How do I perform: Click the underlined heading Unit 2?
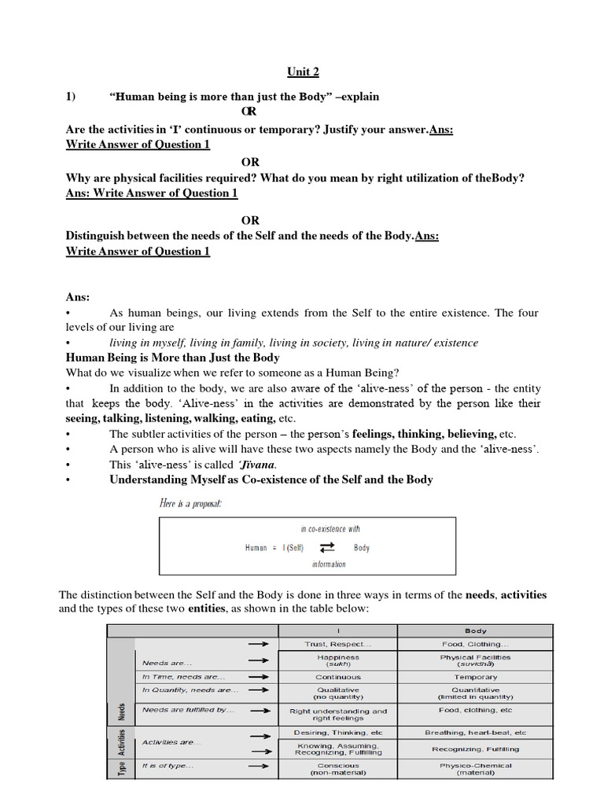pos(302,72)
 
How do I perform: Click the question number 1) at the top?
pos(71,97)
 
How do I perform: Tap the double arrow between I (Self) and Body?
pos(327,548)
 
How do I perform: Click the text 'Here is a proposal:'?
pos(190,503)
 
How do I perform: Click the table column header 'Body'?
pos(475,630)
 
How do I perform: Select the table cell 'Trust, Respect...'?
pos(338,644)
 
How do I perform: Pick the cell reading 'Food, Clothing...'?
pos(475,644)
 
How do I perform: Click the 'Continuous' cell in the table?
pos(338,677)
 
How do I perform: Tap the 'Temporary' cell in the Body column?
pos(475,677)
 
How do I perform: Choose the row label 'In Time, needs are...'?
pos(183,677)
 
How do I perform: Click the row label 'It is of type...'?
pos(168,765)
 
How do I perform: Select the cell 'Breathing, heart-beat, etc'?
pos(475,733)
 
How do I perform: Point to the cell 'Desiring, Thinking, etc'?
pos(338,733)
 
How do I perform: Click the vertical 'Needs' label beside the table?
pos(121,711)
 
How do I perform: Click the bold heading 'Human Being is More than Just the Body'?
pos(172,358)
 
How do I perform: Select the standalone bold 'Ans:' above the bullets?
pos(78,297)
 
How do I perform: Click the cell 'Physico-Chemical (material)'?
pos(475,769)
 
